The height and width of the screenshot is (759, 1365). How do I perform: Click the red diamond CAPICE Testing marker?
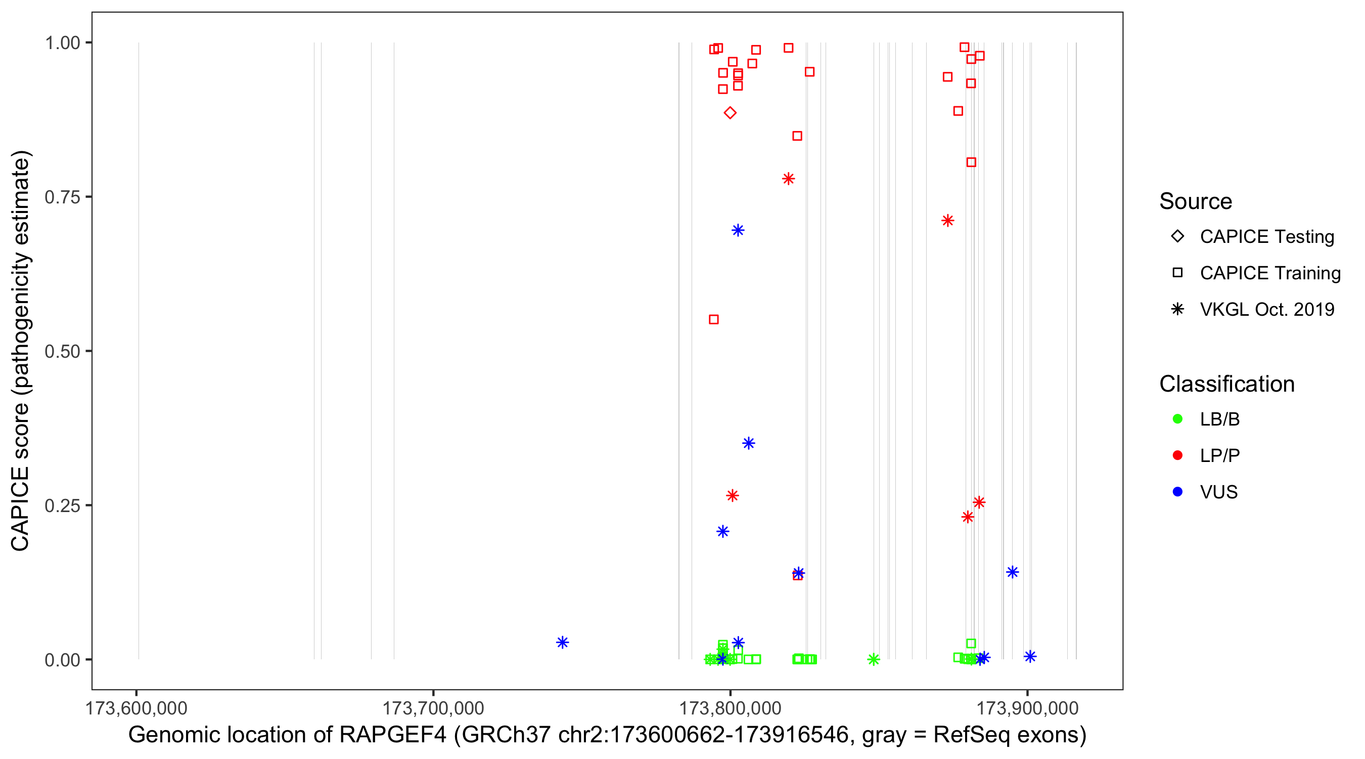click(x=730, y=112)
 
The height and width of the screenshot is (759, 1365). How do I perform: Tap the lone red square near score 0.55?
click(x=714, y=319)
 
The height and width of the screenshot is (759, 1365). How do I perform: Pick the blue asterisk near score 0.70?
click(x=738, y=230)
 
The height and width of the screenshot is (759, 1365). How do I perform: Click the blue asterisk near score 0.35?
click(x=748, y=443)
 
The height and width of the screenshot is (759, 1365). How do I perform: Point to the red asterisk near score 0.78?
click(x=789, y=179)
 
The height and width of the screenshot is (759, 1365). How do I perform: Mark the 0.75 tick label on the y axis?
click(x=62, y=197)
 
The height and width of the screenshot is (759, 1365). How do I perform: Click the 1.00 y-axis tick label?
click(x=62, y=43)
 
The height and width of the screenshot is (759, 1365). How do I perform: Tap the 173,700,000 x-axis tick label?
click(x=433, y=708)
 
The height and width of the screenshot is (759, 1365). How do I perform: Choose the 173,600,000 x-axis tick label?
click(x=136, y=708)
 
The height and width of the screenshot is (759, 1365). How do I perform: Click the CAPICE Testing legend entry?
click(x=1266, y=237)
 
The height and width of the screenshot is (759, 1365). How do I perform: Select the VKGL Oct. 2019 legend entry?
click(x=1266, y=309)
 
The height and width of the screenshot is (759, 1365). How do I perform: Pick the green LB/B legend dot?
click(x=1177, y=419)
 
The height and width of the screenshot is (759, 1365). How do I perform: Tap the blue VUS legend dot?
click(x=1177, y=492)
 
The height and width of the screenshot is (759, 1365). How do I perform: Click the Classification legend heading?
click(x=1226, y=384)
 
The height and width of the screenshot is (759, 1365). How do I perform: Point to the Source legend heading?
click(x=1196, y=201)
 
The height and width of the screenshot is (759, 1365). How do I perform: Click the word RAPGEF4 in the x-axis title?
click(x=393, y=735)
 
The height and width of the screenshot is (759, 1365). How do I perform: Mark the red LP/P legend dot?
click(x=1177, y=455)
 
